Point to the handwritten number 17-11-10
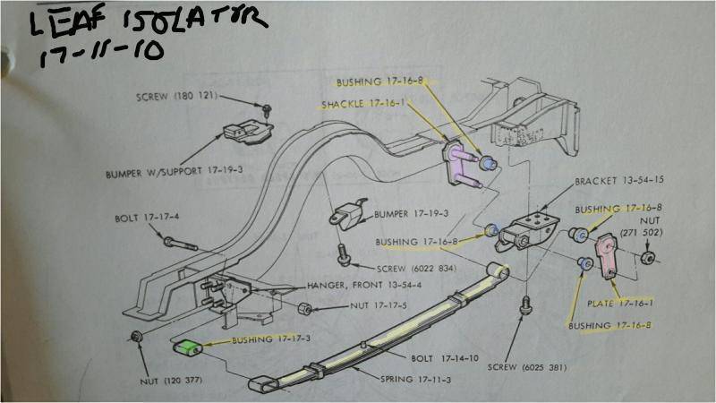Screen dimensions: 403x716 point(98,51)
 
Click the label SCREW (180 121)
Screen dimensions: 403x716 point(176,96)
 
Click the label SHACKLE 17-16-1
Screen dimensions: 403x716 point(362,104)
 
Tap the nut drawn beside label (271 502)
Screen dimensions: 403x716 point(648,260)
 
